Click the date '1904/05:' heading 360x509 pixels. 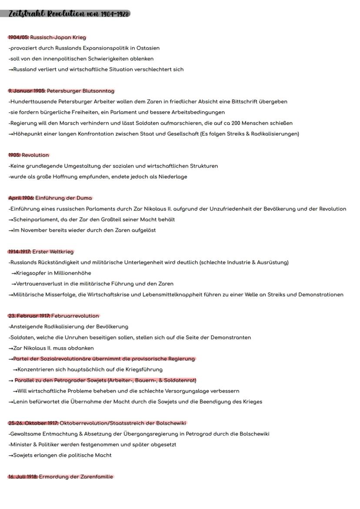tap(19, 37)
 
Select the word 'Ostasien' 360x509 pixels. tap(148, 48)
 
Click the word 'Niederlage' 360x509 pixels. tap(173, 176)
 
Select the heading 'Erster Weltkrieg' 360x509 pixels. tap(53, 252)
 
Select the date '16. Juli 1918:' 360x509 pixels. tap(23, 477)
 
